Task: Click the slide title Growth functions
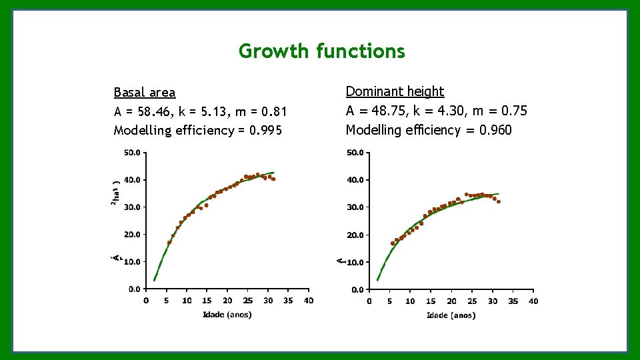click(x=321, y=51)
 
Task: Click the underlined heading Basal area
click(x=145, y=93)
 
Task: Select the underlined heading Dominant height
click(x=395, y=91)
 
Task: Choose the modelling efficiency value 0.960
click(x=495, y=130)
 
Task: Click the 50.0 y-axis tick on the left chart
click(x=133, y=152)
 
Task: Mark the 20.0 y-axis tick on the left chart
click(x=133, y=234)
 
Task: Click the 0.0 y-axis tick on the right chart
click(x=357, y=290)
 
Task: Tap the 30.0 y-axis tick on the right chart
click(x=355, y=207)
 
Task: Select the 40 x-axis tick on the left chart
click(x=309, y=301)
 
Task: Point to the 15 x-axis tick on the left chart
click(x=207, y=301)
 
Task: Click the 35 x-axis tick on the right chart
click(x=513, y=301)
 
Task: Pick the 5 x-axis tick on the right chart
click(x=390, y=301)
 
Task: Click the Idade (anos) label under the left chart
click(x=227, y=315)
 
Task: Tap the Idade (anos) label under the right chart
click(x=451, y=315)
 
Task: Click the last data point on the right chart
click(x=498, y=201)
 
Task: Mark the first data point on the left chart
click(x=169, y=243)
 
